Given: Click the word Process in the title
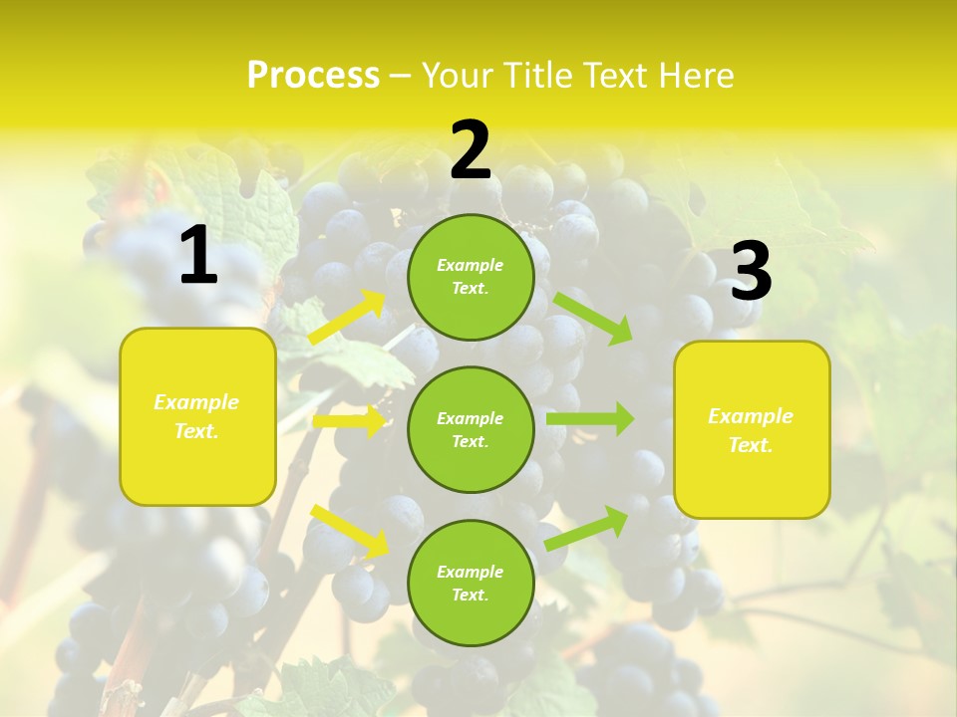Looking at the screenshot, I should (x=313, y=76).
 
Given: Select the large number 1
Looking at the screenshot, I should (x=199, y=256).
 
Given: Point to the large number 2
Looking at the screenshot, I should (x=471, y=150).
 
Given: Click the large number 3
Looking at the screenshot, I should (x=751, y=271).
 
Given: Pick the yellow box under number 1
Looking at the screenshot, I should (x=197, y=416).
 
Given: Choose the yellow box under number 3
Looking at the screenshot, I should (x=752, y=429).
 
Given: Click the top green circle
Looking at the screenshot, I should (x=471, y=277).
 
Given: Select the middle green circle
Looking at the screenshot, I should (x=471, y=429).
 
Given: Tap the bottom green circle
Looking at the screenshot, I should (x=471, y=583).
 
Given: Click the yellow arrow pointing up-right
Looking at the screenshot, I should (x=348, y=318).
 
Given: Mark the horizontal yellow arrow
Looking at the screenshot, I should (x=350, y=421).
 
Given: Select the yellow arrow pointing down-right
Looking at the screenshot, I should (x=350, y=531).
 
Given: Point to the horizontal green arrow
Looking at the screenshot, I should (x=590, y=419).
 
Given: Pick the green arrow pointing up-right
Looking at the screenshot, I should (x=586, y=528).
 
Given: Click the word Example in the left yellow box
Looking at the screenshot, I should (x=196, y=402).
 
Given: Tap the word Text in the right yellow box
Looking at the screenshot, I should (x=750, y=445).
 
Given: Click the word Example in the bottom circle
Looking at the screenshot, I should (x=470, y=572).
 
